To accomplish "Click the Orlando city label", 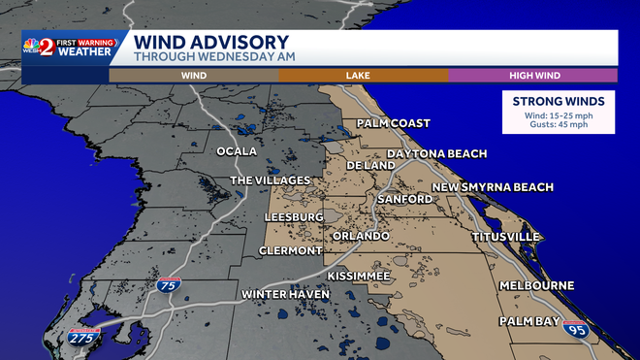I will point(361,236).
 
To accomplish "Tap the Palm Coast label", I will point(393,123).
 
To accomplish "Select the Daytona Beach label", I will point(436,154).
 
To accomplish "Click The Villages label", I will point(270,180).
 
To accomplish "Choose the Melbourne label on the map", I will point(537,285).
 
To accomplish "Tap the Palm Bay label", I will point(530,320).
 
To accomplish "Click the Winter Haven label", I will point(281,294).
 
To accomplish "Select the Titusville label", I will point(505,237).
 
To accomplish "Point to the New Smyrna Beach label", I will point(493,187).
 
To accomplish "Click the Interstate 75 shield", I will point(166,285).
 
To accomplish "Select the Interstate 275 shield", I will point(83,337).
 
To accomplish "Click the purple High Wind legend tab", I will point(532,75).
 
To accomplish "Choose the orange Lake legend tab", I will point(363,75).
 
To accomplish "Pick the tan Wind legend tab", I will point(193,75).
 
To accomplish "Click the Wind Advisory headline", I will point(210,43).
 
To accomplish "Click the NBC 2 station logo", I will point(46,47).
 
